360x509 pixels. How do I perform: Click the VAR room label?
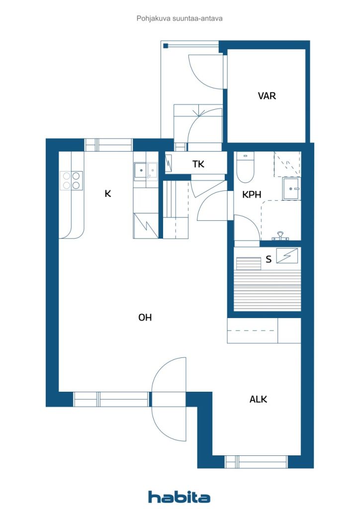267,96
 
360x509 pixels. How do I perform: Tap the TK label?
198,165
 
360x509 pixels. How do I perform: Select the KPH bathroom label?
252,195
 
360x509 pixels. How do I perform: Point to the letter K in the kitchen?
107,194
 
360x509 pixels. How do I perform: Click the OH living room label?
145,318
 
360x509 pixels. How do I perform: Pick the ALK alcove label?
258,399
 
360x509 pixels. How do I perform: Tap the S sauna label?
269,258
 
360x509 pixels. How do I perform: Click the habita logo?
179,497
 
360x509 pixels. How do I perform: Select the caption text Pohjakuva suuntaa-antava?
180,18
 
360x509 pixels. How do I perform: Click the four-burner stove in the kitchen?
71,180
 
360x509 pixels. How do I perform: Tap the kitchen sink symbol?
145,171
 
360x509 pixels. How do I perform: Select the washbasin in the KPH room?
290,189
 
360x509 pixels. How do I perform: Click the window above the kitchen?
108,145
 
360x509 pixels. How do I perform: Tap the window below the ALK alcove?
256,462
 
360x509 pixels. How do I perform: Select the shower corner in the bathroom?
287,164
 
